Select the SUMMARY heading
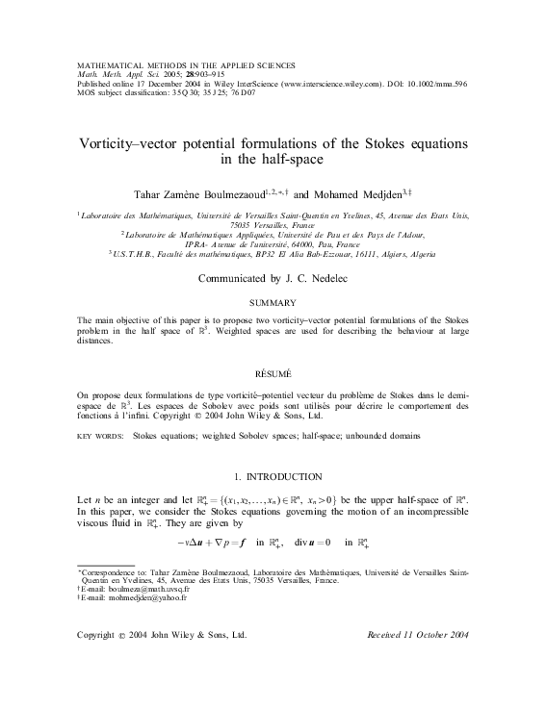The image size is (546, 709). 273,302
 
